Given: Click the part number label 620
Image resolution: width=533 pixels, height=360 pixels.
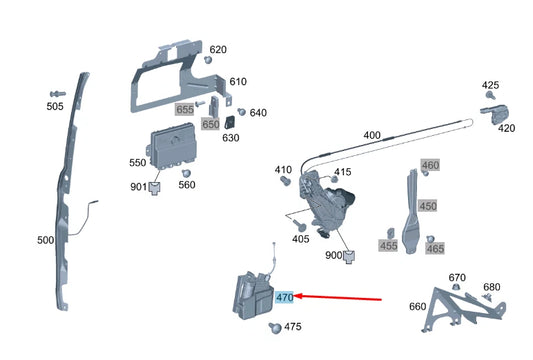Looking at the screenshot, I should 218,50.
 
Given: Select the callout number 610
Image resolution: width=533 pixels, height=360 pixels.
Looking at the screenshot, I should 237,82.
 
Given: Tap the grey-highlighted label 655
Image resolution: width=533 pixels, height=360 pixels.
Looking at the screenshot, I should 185,109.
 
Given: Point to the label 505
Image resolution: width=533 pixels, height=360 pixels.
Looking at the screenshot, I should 55,104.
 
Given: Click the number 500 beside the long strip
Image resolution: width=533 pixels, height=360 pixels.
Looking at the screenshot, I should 46,241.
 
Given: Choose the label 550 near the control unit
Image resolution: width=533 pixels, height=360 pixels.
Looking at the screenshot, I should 137,162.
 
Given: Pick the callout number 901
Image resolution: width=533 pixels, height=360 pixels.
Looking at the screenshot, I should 137,187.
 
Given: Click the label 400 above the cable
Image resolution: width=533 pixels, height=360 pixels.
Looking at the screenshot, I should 372,135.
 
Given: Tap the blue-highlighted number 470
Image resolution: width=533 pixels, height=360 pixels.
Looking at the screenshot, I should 284,297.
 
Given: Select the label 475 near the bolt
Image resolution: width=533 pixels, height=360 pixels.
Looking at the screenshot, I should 292,327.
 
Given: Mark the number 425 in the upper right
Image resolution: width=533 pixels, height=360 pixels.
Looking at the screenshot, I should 490,86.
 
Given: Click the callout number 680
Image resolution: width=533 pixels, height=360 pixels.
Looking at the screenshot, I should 491,287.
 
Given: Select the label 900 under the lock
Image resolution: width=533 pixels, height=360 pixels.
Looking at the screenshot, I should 333,255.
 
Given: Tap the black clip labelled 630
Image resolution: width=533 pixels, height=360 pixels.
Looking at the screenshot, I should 229,122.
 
